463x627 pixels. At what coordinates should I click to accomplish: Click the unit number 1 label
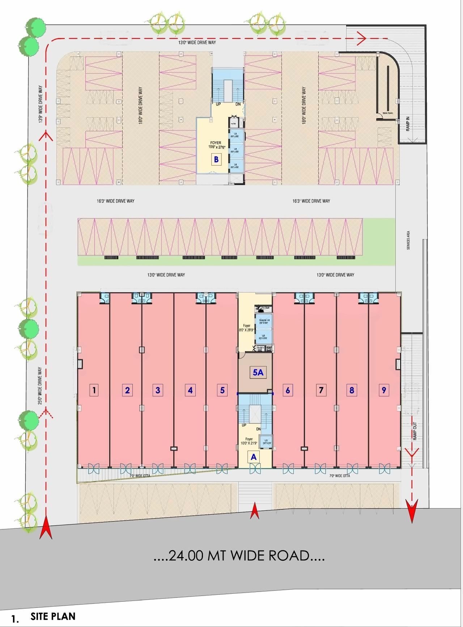point(94,390)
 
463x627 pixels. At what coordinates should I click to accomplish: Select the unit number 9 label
point(384,390)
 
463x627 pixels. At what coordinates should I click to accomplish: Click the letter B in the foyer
point(216,159)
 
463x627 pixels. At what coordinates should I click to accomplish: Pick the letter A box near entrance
point(254,457)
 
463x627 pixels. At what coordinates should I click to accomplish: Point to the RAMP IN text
point(408,124)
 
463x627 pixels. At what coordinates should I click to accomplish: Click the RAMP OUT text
point(415,431)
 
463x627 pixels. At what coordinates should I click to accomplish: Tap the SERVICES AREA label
point(408,241)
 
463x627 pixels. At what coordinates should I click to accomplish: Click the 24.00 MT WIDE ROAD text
point(239,555)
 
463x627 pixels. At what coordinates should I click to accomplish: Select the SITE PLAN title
point(53,616)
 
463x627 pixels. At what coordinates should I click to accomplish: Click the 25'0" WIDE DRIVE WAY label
point(40,386)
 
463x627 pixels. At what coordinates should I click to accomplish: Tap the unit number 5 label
point(222,390)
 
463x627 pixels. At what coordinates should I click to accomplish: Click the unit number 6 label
point(288,390)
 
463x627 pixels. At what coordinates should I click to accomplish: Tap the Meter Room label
point(387,113)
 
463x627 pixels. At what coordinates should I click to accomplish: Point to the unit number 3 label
point(158,390)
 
